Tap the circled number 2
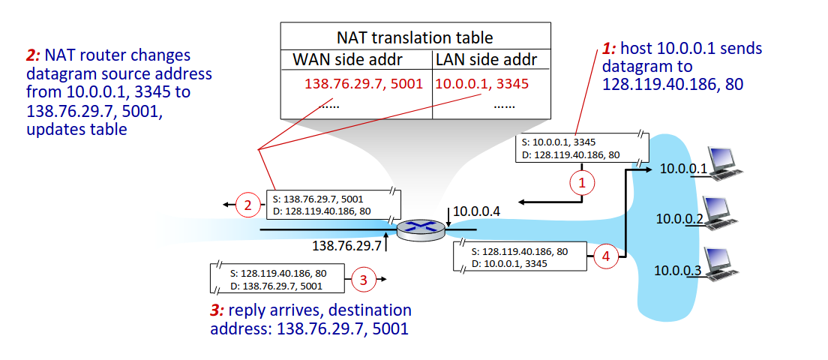pyautogui.click(x=247, y=205)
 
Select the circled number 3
pyautogui.click(x=364, y=281)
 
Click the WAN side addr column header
pyautogui.click(x=358, y=59)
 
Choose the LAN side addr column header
pyautogui.click(x=486, y=59)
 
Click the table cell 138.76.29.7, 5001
pyautogui.click(x=358, y=83)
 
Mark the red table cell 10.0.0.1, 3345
pyautogui.click(x=482, y=83)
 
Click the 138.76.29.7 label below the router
pyautogui.click(x=347, y=245)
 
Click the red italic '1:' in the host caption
pyautogui.click(x=610, y=49)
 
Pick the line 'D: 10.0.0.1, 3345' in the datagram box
pyautogui.click(x=509, y=263)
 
